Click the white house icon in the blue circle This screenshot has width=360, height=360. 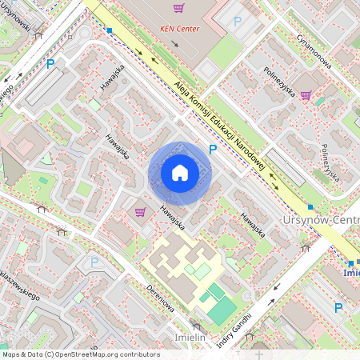coord(180,173)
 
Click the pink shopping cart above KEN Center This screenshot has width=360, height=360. coord(178,8)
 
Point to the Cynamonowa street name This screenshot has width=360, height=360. coord(314,53)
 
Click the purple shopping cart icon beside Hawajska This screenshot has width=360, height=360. coord(140,212)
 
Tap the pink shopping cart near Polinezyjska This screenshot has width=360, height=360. coord(305,95)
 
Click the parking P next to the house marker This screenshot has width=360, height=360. coord(212,149)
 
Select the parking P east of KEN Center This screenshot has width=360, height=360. coord(237,22)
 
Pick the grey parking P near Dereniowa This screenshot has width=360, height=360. coord(94,261)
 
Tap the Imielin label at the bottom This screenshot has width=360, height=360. coord(190,338)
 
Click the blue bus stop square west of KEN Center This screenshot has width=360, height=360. coord(109,30)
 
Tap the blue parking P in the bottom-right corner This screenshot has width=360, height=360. coord(338,307)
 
